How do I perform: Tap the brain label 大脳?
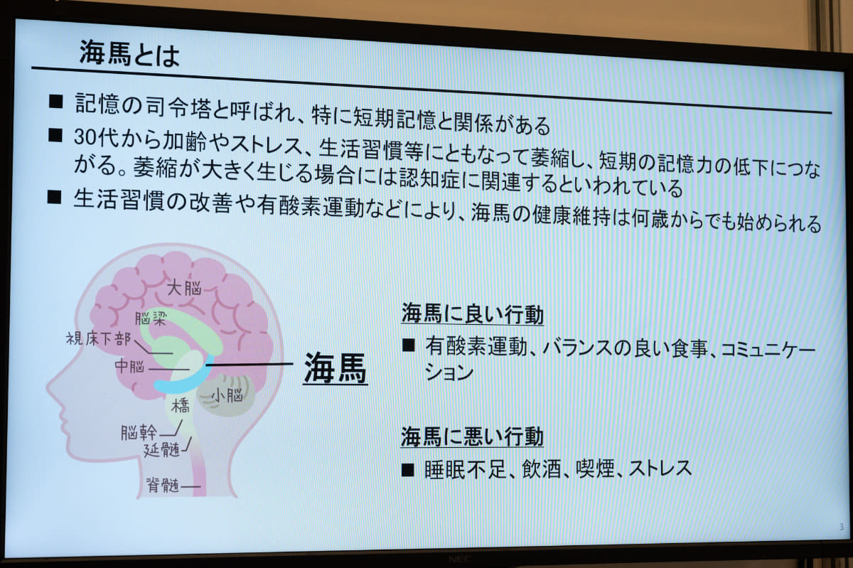(x=183, y=288)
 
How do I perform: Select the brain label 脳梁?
(x=151, y=318)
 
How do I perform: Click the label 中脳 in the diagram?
(x=130, y=367)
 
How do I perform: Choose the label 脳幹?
(x=139, y=432)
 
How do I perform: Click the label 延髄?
(x=162, y=449)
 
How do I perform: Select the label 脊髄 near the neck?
(x=162, y=486)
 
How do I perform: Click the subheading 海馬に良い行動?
(x=472, y=314)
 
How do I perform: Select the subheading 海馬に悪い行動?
(x=472, y=436)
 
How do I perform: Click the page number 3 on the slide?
(x=841, y=527)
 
